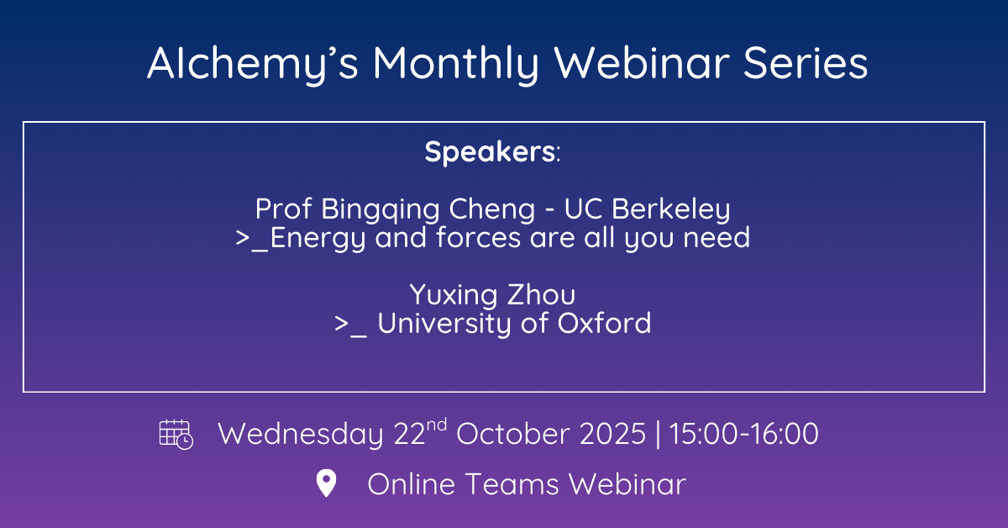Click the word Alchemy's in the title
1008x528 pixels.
253,64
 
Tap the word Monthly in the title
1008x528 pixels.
455,64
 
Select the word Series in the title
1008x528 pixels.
806,63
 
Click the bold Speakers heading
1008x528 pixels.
490,151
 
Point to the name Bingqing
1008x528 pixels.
381,209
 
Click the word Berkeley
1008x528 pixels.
670,209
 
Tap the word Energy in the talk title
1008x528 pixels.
318,238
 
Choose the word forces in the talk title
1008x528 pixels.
478,237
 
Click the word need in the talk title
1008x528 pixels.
717,237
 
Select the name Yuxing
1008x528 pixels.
453,295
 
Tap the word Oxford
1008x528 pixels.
604,323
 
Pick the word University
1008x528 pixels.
444,324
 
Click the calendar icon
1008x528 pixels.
176,435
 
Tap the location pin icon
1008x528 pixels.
326,483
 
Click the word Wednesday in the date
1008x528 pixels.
301,433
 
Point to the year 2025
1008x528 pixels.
612,433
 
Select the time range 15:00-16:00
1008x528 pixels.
744,433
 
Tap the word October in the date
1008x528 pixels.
512,433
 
